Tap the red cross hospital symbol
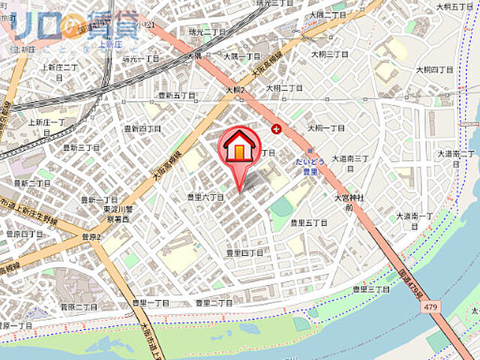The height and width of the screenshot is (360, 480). (x=277, y=129)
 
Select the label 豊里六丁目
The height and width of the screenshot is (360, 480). (x=205, y=196)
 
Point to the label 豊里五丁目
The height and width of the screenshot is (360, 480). (x=309, y=223)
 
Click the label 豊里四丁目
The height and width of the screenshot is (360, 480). (x=244, y=253)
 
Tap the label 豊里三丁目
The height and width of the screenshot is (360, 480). (x=371, y=289)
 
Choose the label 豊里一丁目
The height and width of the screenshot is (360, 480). (x=150, y=303)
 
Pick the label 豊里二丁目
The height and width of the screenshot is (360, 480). (x=214, y=303)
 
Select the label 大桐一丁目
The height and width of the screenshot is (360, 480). (x=325, y=128)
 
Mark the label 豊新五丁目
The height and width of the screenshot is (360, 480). (x=175, y=95)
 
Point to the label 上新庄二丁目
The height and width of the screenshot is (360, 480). (x=60, y=68)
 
